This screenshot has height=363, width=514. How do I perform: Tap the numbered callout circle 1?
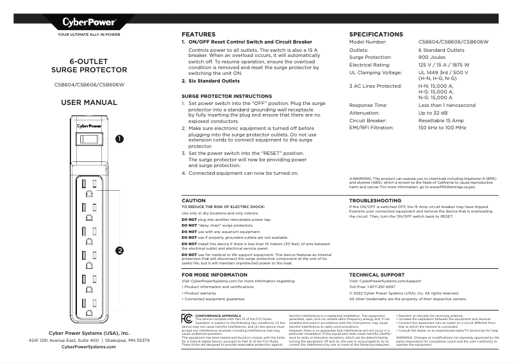click(x=119, y=138)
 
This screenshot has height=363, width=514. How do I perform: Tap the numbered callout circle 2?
click(x=119, y=250)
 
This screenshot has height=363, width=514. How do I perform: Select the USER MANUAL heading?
click(x=88, y=102)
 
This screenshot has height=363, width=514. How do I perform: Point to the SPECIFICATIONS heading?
click(x=376, y=34)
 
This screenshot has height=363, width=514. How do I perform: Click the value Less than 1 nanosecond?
click(x=447, y=104)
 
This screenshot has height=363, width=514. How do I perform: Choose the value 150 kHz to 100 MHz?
click(x=442, y=127)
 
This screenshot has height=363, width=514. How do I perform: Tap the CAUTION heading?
click(x=194, y=200)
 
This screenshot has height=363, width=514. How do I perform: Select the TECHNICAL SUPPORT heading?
click(x=377, y=275)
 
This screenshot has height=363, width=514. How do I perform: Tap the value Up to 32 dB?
click(x=434, y=112)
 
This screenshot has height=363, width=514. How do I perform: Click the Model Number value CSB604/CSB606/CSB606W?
click(x=453, y=42)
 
